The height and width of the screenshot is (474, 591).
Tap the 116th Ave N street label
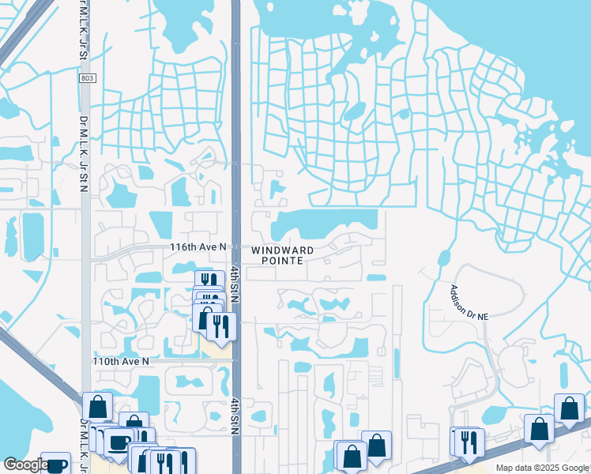[198, 247]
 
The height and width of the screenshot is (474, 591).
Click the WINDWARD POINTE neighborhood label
[282, 255]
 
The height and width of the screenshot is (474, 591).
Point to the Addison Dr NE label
[470, 303]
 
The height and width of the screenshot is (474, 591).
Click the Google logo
[25, 465]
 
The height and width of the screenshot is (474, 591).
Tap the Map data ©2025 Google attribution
[541, 468]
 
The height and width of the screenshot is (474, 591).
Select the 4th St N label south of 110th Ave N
[235, 416]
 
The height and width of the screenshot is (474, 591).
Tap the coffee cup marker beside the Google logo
[55, 465]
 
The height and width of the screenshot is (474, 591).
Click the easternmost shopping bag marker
[569, 408]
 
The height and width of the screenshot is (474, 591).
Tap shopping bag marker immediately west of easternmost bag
[540, 429]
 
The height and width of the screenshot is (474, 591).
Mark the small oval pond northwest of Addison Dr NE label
[443, 258]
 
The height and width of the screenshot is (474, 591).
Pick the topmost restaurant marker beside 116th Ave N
[209, 280]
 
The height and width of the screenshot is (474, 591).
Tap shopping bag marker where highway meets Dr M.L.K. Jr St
[98, 407]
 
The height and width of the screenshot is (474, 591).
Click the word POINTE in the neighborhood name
[282, 261]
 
